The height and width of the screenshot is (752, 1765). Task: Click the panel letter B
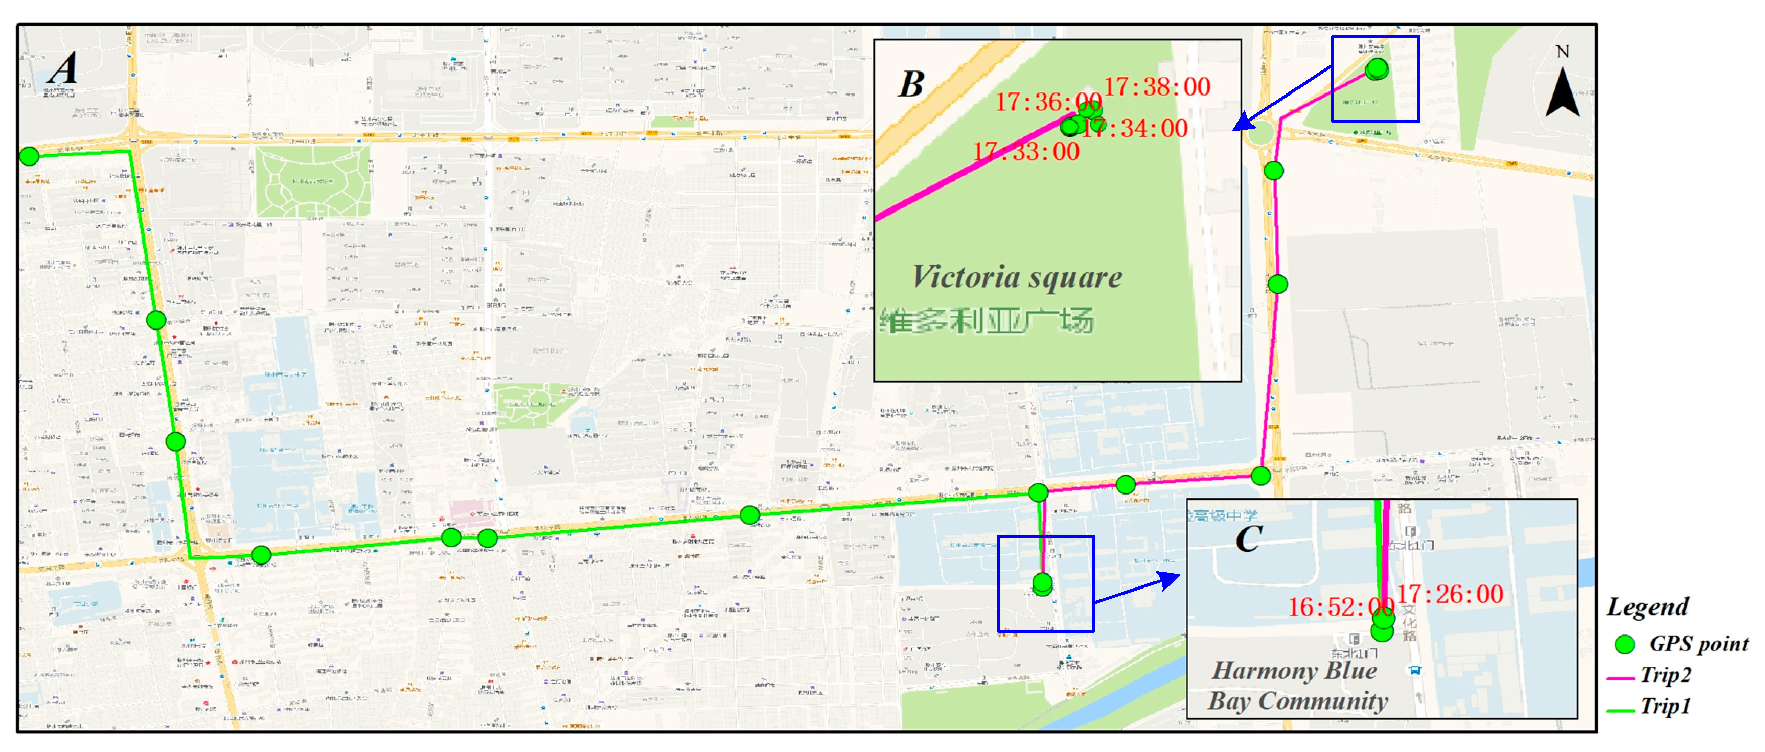(911, 85)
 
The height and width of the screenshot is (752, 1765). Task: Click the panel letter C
(1248, 538)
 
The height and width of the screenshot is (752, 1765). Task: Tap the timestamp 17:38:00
(1157, 87)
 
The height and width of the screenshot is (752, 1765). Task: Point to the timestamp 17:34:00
(1137, 129)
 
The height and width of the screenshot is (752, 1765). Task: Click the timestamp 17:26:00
(1450, 594)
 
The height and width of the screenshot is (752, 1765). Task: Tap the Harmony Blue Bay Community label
(1296, 686)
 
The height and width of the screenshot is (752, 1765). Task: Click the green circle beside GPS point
(1624, 644)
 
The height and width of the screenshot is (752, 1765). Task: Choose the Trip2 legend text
(1666, 675)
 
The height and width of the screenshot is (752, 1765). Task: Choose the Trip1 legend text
(1666, 706)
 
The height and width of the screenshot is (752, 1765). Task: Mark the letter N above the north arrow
(1562, 52)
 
